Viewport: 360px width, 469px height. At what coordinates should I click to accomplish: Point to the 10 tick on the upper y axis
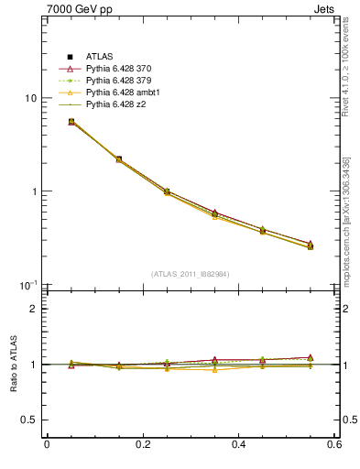[30, 98]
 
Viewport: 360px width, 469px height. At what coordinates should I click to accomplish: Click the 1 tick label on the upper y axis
[33, 191]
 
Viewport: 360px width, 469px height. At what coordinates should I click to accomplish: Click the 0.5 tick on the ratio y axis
[28, 420]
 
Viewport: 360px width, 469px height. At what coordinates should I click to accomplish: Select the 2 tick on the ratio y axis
[33, 309]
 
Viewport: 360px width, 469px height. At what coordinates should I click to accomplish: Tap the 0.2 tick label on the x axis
[142, 444]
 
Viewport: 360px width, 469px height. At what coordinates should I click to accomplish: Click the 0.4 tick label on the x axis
[238, 444]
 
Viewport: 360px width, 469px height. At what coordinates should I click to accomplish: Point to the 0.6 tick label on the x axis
[333, 444]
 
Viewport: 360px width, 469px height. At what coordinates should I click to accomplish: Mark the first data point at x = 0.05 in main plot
[71, 121]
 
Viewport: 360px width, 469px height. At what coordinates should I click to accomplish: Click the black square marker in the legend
[70, 57]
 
